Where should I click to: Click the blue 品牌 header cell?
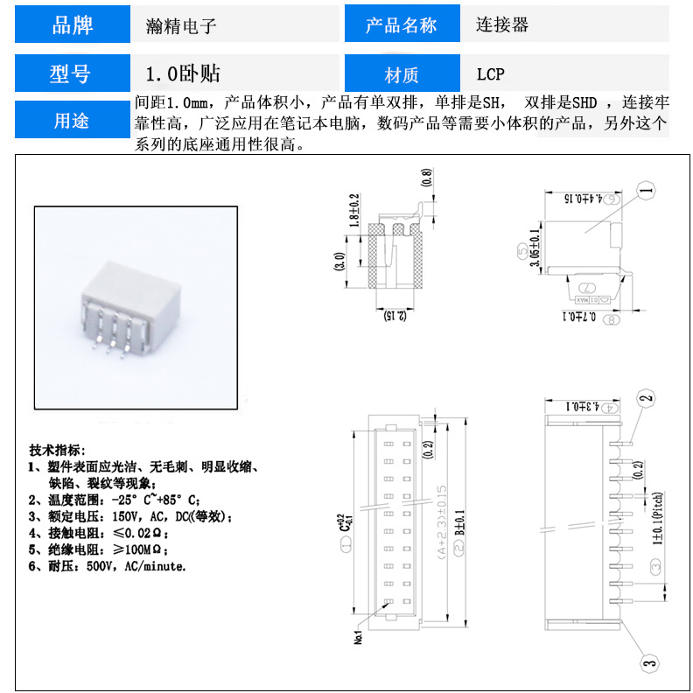[x=73, y=24]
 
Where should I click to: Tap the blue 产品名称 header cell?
[x=402, y=25]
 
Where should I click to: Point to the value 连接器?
[x=502, y=25]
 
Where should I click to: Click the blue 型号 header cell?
[x=73, y=73]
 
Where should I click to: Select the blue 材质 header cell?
[x=402, y=74]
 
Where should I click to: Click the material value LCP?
[x=490, y=74]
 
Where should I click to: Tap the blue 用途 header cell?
[x=73, y=121]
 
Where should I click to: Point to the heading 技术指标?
[x=57, y=450]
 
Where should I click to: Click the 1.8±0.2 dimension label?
[x=354, y=212]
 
